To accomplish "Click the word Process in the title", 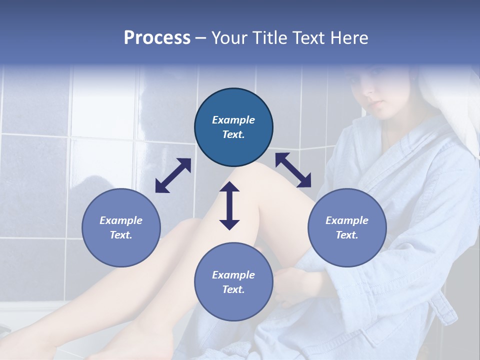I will (x=157, y=38).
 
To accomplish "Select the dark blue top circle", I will (x=233, y=127).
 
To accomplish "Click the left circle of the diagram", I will (x=121, y=228).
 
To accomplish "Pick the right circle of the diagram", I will (x=347, y=228).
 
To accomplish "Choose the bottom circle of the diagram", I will (x=233, y=282).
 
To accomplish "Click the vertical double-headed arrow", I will (x=229, y=205).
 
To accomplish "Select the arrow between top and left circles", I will (x=173, y=175).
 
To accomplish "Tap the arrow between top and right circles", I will (x=293, y=170).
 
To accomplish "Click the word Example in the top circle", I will (x=233, y=120).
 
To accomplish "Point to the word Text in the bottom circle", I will (x=233, y=289).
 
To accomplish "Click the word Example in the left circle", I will (x=121, y=220).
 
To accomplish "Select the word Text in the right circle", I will (x=347, y=235).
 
